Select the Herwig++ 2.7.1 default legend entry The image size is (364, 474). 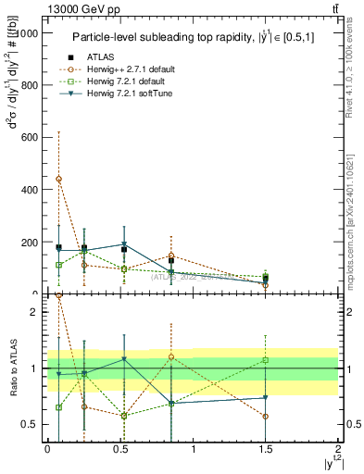tap(124, 69)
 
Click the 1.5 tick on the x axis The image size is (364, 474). tap(265, 448)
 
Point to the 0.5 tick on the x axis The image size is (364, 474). tap(119, 448)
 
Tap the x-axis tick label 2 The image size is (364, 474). tap(338, 448)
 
